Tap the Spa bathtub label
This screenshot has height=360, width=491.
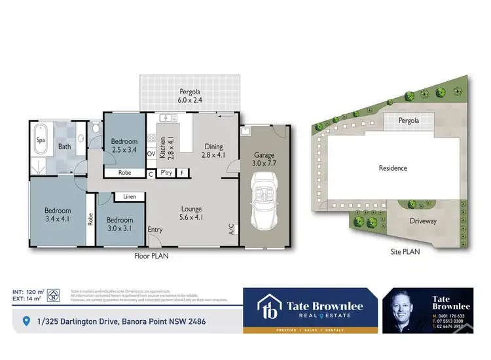(x=41, y=140)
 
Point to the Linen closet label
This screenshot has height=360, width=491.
(x=129, y=196)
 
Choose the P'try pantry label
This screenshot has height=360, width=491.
(x=166, y=174)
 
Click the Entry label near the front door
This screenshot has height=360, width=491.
(x=155, y=230)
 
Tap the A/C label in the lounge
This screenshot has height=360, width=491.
(x=231, y=230)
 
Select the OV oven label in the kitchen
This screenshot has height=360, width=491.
(x=151, y=154)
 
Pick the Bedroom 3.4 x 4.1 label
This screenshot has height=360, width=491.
(x=57, y=215)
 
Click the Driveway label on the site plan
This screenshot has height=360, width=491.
(x=423, y=221)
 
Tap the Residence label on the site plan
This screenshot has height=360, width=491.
(x=393, y=168)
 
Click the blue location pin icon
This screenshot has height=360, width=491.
(x=26, y=321)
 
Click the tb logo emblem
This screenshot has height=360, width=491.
(x=268, y=306)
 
